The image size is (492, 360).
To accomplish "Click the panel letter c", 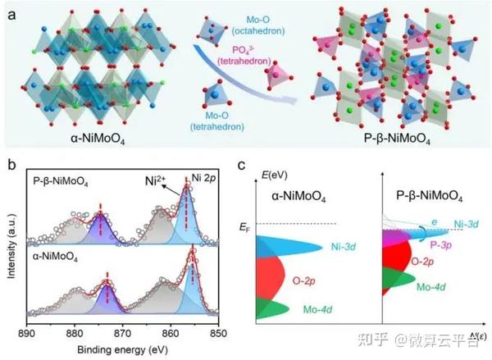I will click(x=240, y=162).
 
